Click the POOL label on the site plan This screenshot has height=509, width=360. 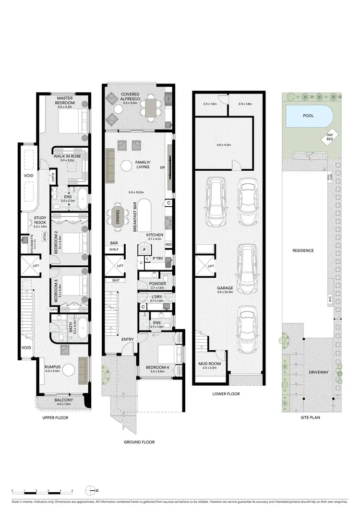[x=308, y=116]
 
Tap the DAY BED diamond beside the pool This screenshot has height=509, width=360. [x=330, y=138]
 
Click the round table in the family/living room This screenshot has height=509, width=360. [x=126, y=166]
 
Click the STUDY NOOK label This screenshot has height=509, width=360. [x=39, y=220]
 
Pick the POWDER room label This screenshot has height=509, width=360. [x=157, y=284]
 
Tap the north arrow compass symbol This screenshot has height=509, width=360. [x=91, y=491]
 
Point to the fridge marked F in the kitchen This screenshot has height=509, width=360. [x=144, y=250]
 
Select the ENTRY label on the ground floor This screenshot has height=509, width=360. [x=128, y=340]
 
